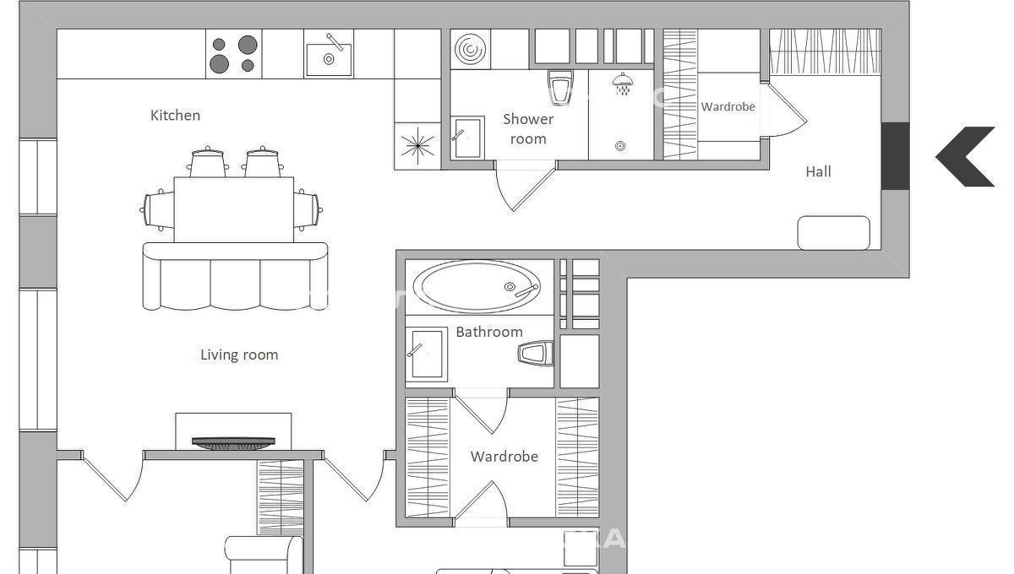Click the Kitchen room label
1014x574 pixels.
point(175,116)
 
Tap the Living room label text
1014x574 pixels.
point(239,355)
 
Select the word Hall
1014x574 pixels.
point(819,171)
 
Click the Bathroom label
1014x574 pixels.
point(489,332)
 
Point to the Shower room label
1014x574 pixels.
point(528,129)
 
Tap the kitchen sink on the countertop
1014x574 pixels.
point(329,56)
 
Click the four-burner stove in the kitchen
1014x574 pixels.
point(233,54)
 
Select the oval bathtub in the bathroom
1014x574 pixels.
point(477,286)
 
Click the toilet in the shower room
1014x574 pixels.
point(560,87)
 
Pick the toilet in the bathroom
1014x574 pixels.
point(536,353)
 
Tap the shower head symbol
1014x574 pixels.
point(623,84)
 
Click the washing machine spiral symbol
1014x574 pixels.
point(471,49)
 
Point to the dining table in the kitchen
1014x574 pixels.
point(234,209)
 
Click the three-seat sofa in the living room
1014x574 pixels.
point(235,276)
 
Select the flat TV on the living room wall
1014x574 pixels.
point(233,443)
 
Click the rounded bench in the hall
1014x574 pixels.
point(833,233)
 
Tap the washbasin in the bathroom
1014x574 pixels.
point(427,355)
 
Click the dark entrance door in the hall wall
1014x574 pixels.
point(895,156)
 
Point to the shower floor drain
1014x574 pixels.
point(620,146)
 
